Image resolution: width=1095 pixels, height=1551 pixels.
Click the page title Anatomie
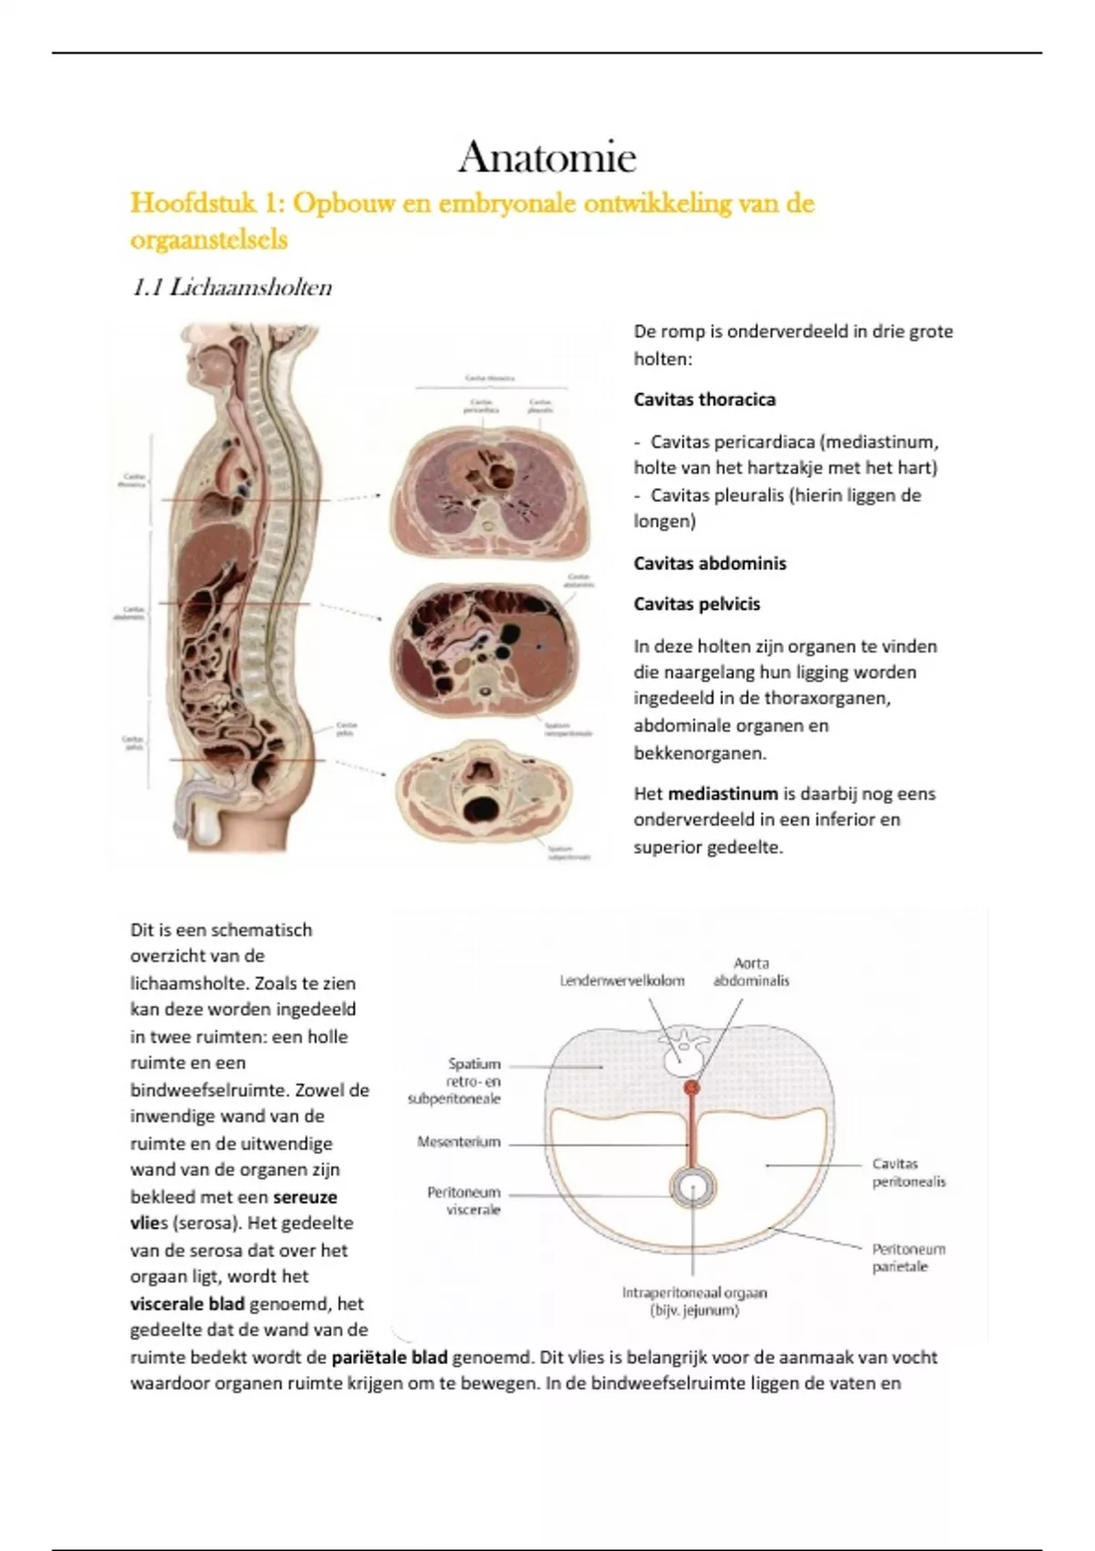coord(547,158)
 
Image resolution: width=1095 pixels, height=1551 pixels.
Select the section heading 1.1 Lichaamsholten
coord(232,288)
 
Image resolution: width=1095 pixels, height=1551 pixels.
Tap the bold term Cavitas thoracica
coord(704,400)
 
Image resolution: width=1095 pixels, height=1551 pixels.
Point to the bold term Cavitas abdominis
coord(709,563)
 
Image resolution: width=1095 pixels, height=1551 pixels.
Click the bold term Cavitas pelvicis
coord(696,604)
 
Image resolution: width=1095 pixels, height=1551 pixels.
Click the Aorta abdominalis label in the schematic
coord(751,972)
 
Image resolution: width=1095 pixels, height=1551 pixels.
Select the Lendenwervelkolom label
coord(621,981)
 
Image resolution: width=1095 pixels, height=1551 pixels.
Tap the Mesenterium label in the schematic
coord(459,1141)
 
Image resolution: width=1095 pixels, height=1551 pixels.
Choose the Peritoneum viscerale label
coord(464,1201)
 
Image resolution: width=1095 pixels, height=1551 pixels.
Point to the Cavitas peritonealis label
coord(908,1172)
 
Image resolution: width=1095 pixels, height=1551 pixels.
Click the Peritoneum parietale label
coord(908,1258)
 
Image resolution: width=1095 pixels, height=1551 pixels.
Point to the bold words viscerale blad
coord(187,1304)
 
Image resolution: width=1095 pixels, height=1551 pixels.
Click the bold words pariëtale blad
coord(390,1357)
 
